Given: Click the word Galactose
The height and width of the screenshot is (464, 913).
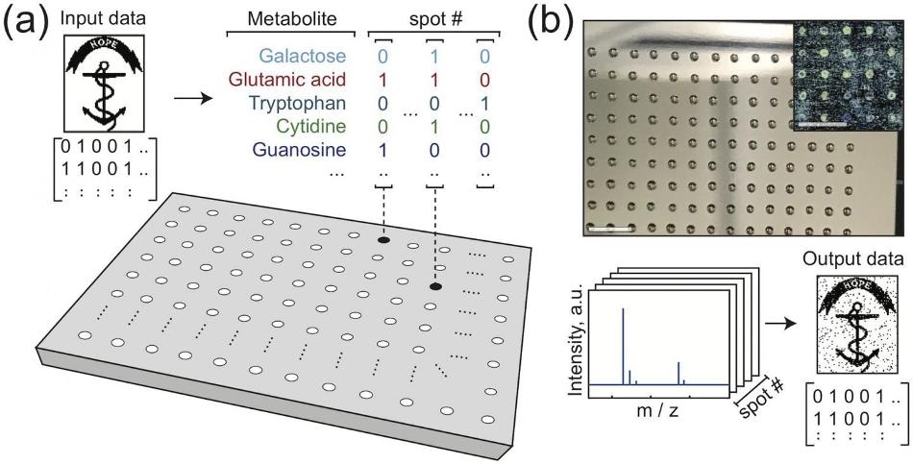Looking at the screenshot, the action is [302, 56].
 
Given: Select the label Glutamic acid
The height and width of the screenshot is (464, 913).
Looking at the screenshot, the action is [287, 79].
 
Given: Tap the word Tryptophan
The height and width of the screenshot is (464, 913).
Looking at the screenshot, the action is [296, 103].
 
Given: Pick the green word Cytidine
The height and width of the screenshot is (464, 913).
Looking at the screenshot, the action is [311, 127].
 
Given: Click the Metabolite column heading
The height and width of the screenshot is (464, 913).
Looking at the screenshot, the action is [292, 18].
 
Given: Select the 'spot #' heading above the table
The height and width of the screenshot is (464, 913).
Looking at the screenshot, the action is [434, 18].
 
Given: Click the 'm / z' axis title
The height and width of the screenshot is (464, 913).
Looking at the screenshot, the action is [657, 411].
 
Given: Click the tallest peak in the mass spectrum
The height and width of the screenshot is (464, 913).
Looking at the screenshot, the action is [623, 347].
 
